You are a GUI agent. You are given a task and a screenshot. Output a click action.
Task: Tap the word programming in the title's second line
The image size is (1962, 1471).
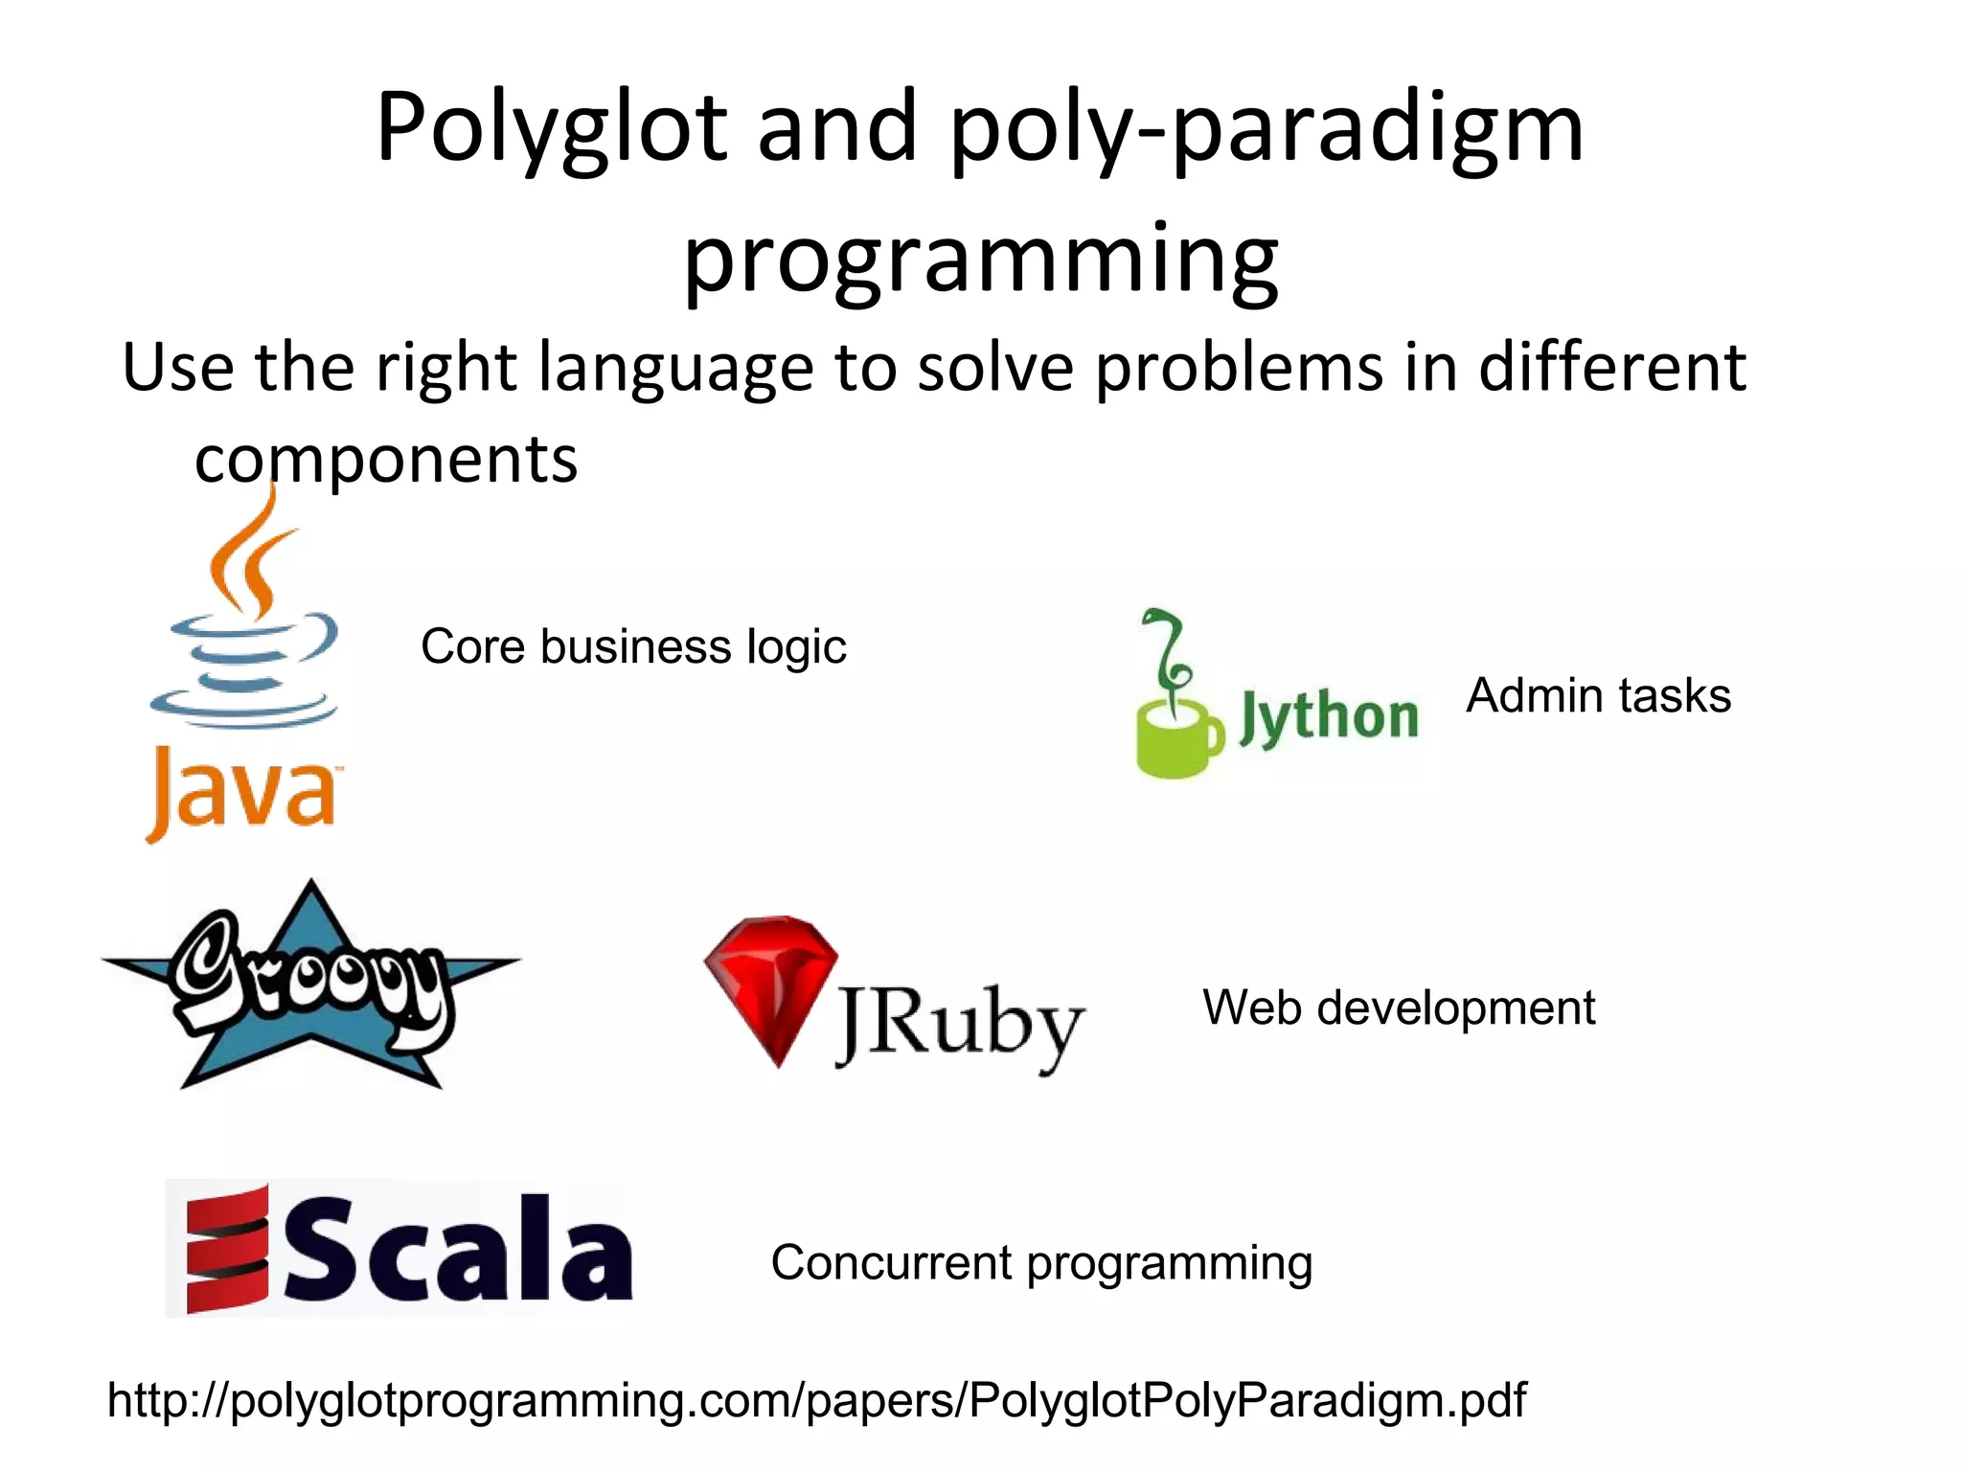[980, 259]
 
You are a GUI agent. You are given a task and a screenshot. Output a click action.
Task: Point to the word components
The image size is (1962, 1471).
[386, 460]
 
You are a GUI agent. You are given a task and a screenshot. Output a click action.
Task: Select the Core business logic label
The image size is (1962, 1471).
[633, 646]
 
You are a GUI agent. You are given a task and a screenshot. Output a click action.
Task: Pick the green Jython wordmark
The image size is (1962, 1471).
[1330, 717]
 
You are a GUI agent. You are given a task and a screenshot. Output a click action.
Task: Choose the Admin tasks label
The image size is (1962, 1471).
[1598, 695]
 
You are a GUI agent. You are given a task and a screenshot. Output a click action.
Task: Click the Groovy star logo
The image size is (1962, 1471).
[309, 986]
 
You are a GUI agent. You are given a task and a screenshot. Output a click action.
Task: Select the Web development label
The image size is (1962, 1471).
[1399, 1007]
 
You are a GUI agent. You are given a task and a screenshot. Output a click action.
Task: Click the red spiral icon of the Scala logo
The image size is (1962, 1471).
[227, 1248]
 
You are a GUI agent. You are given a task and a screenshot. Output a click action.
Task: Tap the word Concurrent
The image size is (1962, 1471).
[891, 1262]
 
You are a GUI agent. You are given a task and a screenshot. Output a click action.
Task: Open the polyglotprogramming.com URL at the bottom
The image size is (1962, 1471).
[816, 1400]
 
